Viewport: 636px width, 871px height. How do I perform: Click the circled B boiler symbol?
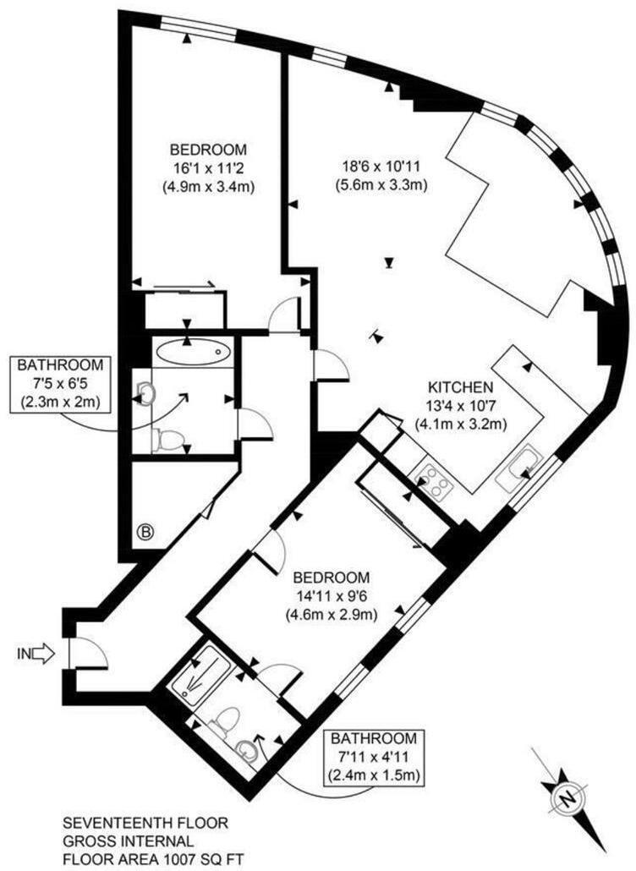click(x=146, y=533)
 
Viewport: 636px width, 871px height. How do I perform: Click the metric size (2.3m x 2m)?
click(x=62, y=403)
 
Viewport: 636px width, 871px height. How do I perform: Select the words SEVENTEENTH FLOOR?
click(x=145, y=822)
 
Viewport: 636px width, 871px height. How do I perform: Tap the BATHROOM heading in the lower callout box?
click(x=373, y=737)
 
